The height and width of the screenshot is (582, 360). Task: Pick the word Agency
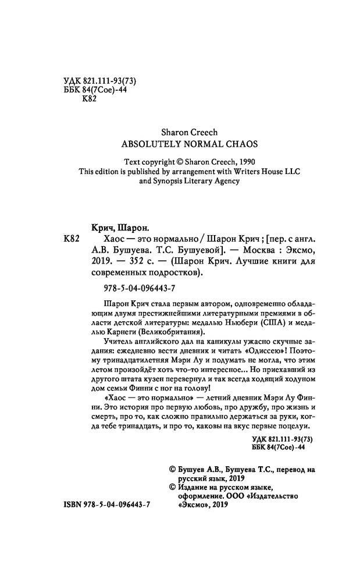click(224, 181)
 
